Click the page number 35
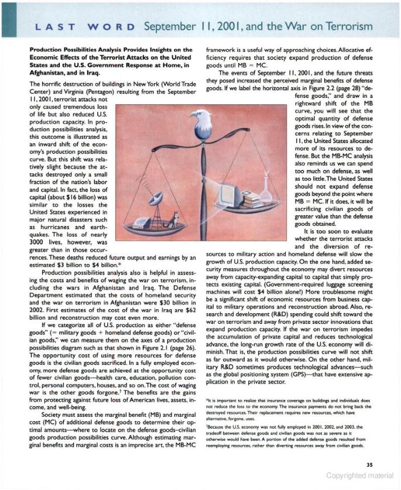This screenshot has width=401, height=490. pyautogui.click(x=369, y=465)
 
